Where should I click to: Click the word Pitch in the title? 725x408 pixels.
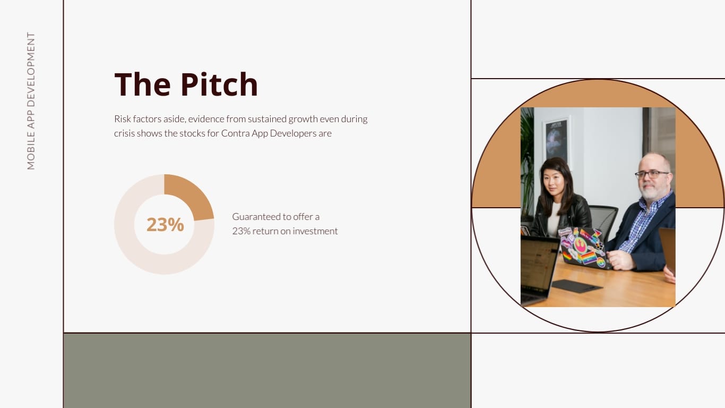click(x=219, y=84)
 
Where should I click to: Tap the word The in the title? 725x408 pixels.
click(x=141, y=84)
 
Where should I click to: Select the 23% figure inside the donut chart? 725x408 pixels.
click(x=165, y=225)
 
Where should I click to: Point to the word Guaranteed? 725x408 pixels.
click(x=256, y=217)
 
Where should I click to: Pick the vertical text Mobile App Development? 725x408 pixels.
click(x=31, y=101)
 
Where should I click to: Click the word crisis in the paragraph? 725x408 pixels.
click(x=124, y=133)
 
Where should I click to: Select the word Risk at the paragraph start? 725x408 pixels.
click(x=123, y=119)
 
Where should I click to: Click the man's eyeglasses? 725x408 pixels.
click(x=651, y=174)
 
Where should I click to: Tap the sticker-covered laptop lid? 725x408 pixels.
click(x=584, y=247)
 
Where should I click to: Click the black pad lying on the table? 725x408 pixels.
click(x=577, y=286)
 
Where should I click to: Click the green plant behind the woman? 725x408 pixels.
click(x=527, y=159)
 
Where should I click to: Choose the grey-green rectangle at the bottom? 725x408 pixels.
click(x=267, y=370)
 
